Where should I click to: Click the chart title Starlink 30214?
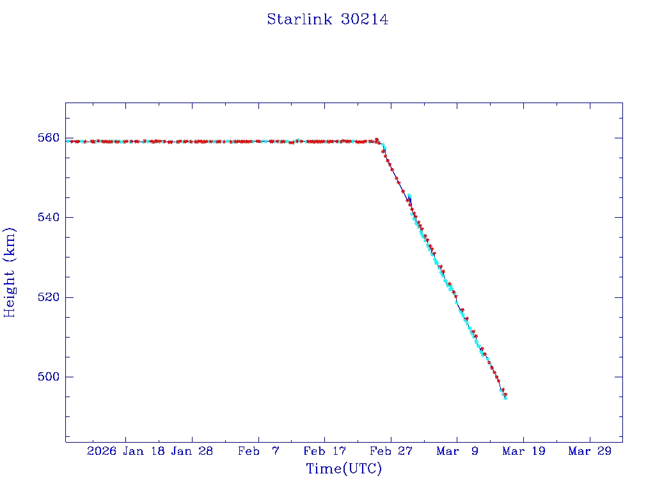(327, 19)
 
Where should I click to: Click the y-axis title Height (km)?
(10, 272)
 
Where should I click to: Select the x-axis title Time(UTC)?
(343, 469)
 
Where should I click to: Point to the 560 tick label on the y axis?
(51, 138)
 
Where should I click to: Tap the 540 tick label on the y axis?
(51, 218)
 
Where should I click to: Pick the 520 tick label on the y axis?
(51, 297)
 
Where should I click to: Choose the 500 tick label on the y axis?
(51, 377)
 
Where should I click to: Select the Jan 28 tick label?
(192, 451)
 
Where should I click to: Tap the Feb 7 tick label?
(258, 451)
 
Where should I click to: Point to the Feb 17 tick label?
(324, 451)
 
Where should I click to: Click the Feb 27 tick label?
(391, 451)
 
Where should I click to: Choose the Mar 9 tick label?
(457, 451)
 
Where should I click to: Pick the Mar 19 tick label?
(523, 451)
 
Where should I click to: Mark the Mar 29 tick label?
(589, 451)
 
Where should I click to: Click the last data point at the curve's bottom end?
(505, 398)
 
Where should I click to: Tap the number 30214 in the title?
(364, 19)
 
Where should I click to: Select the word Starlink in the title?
(300, 19)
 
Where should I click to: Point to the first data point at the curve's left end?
(67, 141)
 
